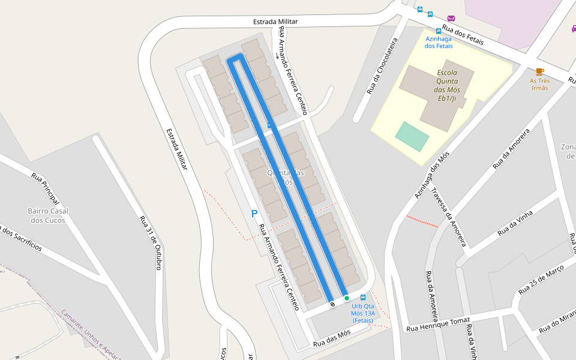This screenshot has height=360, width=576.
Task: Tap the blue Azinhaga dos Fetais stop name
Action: coord(439,42)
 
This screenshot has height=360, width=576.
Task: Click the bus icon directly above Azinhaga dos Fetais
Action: coord(439,31)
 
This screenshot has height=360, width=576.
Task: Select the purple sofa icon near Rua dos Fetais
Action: coord(451,18)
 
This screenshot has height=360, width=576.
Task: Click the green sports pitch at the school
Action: coord(412,136)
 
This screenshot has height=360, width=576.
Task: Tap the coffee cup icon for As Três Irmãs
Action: coord(539,72)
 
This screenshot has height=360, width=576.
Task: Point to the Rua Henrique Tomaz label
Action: coord(438,324)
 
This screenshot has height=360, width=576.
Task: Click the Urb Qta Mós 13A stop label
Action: coord(363,313)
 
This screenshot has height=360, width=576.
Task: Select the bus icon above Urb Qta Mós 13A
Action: coord(363,298)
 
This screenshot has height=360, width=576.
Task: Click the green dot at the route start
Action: coord(347,298)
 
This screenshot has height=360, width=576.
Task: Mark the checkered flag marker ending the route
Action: coord(332,304)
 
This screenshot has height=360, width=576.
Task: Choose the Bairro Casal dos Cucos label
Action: coord(48,215)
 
